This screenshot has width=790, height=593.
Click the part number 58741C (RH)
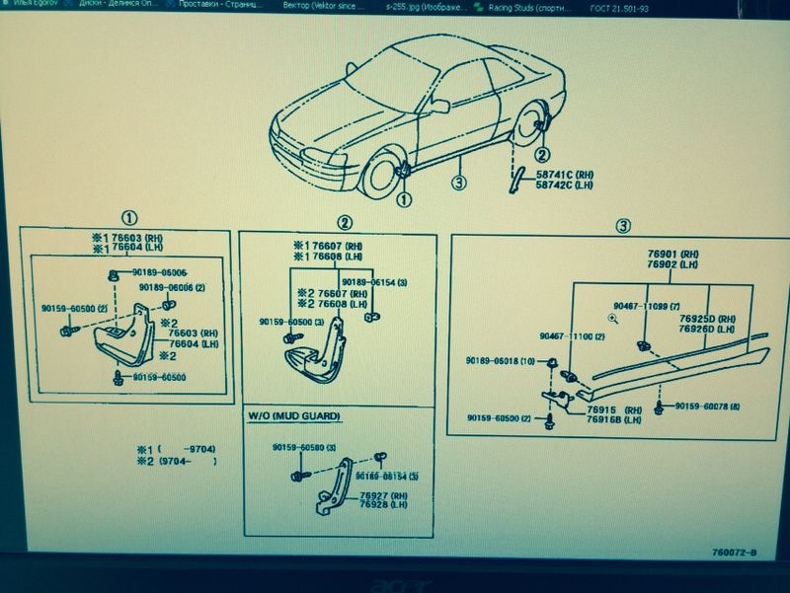click(x=561, y=174)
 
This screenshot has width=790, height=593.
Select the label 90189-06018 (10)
click(x=501, y=362)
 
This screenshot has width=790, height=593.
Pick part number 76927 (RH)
click(x=384, y=494)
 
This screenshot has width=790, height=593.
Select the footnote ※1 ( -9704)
click(x=176, y=449)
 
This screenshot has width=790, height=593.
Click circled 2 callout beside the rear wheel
click(x=542, y=154)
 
